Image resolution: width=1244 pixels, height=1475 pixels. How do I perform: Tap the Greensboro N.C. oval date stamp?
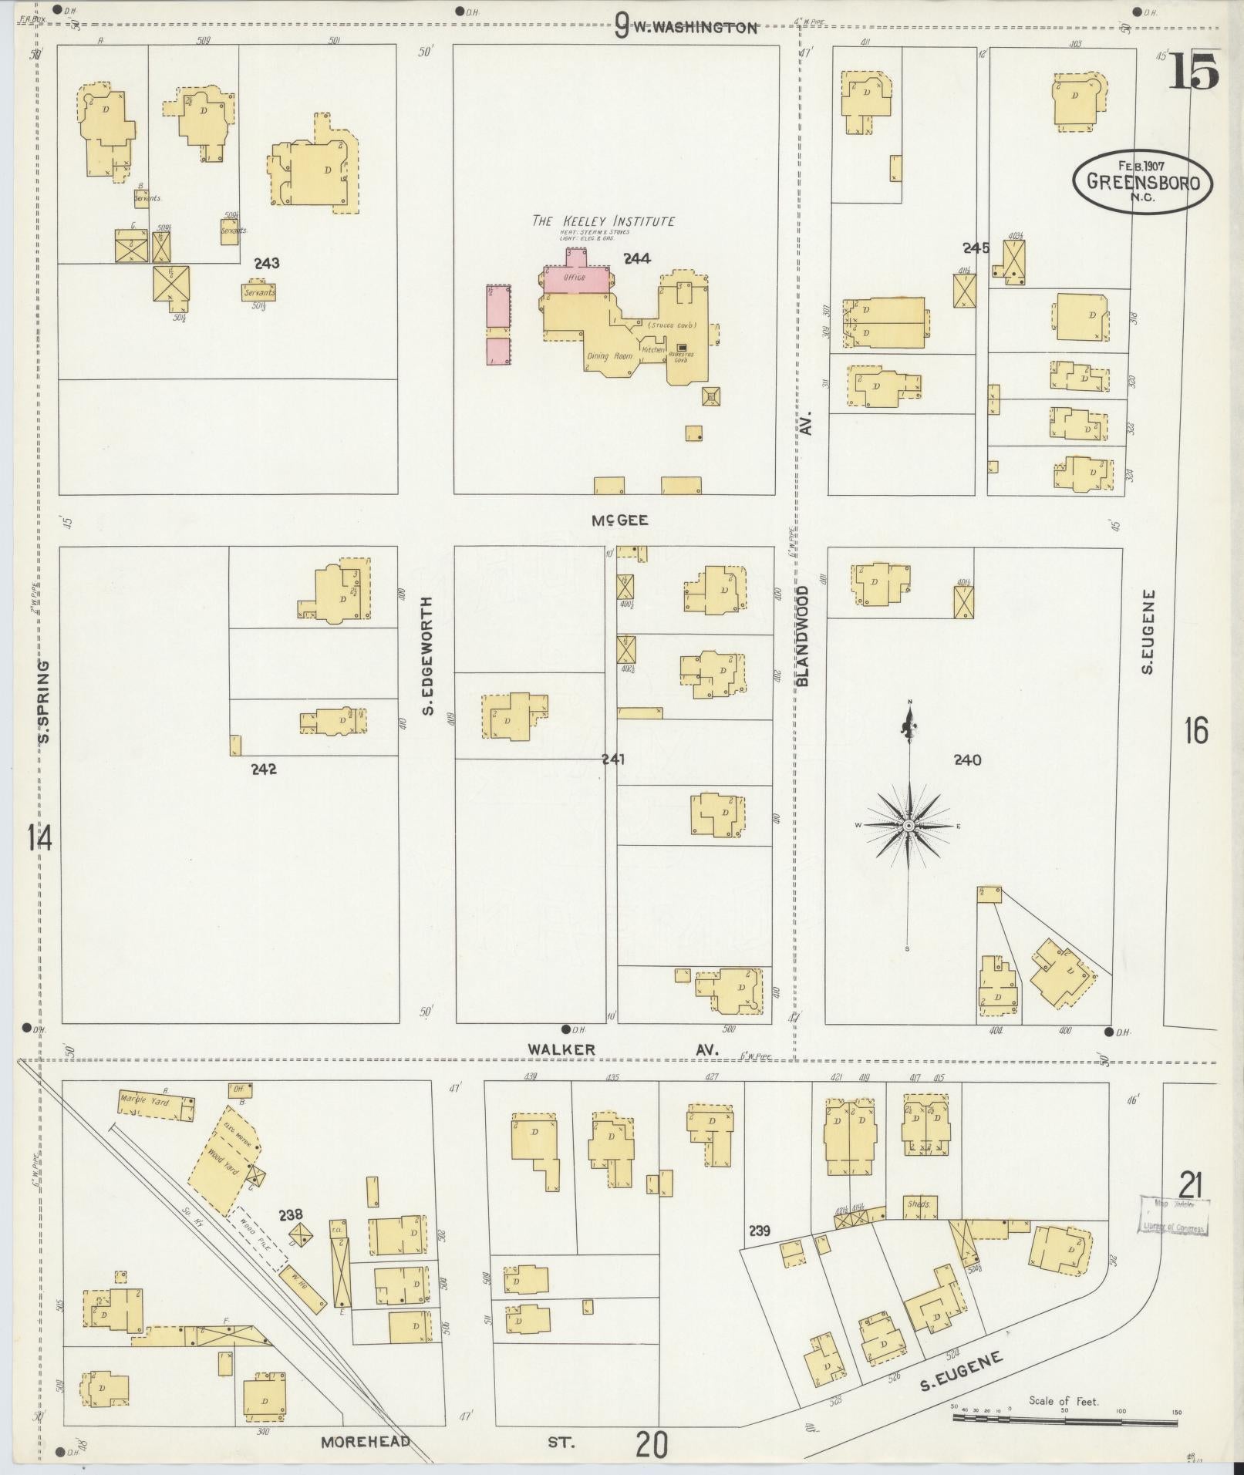(1142, 181)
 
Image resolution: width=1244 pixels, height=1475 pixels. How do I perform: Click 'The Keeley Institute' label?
(603, 221)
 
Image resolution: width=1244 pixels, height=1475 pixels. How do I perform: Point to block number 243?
(265, 263)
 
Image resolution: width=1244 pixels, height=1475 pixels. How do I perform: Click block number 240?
(967, 760)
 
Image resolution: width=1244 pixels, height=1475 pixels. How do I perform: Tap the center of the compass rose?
(909, 825)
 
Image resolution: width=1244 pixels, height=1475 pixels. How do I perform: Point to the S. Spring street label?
(44, 702)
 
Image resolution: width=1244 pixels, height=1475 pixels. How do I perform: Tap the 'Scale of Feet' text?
(1064, 1401)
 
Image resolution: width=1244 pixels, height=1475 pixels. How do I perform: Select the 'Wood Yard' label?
(223, 1164)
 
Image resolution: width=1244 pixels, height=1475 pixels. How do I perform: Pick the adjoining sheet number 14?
(39, 837)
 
